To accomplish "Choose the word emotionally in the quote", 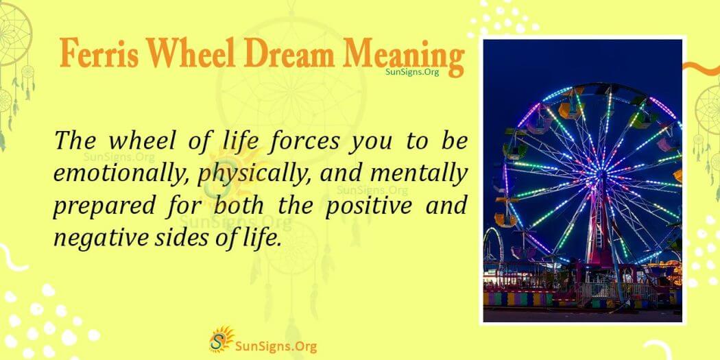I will [121, 175].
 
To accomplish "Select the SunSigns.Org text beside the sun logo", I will [274, 341].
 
